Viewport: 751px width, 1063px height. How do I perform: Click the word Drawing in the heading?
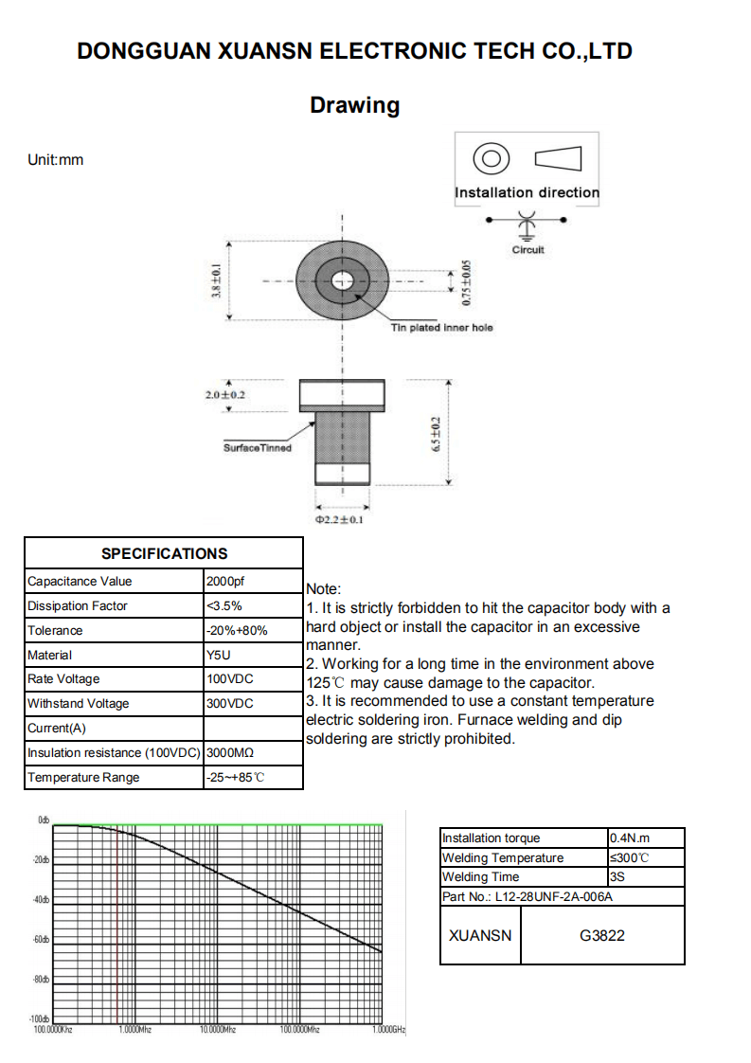[354, 105]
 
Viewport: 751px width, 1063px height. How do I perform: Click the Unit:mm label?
[56, 160]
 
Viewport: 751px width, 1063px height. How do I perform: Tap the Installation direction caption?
[527, 192]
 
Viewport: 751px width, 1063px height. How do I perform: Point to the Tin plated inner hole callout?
[441, 328]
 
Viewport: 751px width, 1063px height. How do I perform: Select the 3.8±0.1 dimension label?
[216, 281]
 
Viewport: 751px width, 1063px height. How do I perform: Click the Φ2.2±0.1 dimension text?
[339, 520]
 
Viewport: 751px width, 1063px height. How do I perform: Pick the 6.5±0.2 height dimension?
[437, 433]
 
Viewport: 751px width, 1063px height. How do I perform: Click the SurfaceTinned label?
[258, 448]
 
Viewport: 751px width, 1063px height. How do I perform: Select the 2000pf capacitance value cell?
[224, 581]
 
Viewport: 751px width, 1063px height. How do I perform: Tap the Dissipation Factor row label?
[78, 605]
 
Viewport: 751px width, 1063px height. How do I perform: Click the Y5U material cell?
[218, 655]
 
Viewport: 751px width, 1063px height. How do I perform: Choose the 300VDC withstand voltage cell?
[229, 704]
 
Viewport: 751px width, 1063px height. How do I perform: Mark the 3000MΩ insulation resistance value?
[229, 753]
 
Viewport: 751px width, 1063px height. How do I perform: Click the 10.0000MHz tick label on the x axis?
[217, 1029]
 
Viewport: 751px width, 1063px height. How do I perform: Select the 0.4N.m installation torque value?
[631, 838]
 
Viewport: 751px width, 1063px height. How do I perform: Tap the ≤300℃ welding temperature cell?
[630, 857]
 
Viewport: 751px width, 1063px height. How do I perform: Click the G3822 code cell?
[602, 935]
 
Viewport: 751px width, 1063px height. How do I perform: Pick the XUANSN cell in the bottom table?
[480, 935]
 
